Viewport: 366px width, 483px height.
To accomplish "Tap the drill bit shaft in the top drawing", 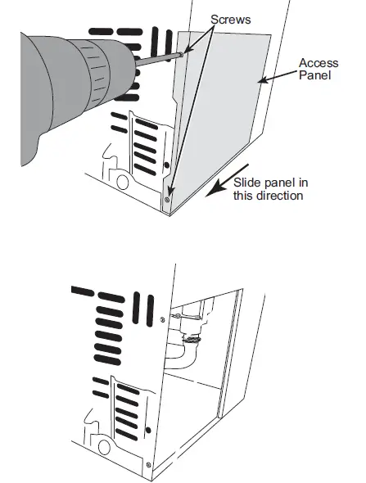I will [156, 56].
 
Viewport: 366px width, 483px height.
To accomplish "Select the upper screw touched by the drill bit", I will [183, 52].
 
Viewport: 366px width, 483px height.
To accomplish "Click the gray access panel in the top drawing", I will [221, 123].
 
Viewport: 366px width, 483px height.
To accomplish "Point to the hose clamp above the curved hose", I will [190, 336].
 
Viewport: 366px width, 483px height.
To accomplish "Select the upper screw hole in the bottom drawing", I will [165, 318].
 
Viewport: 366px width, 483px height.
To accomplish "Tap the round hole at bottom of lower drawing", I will [104, 447].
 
